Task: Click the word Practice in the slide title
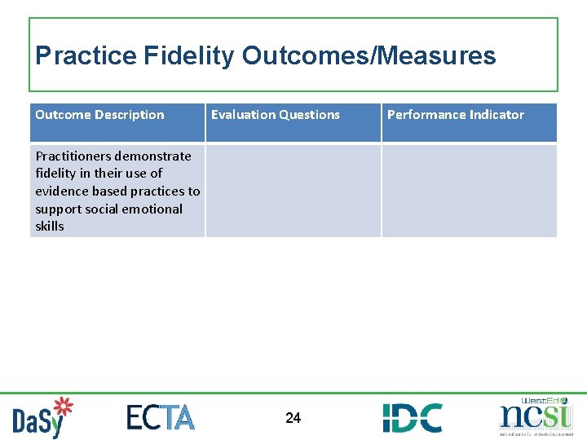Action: click(x=86, y=55)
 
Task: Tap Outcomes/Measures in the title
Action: click(x=369, y=55)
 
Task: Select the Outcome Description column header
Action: click(x=99, y=115)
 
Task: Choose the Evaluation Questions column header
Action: click(x=276, y=115)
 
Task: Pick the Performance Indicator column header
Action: click(x=455, y=115)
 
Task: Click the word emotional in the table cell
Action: click(x=154, y=209)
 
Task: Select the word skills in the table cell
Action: click(x=50, y=226)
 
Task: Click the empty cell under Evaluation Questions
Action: click(x=293, y=191)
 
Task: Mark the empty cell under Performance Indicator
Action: click(x=469, y=191)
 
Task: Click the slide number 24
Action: click(x=293, y=418)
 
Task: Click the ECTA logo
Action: click(x=161, y=416)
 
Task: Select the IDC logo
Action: click(x=412, y=417)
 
